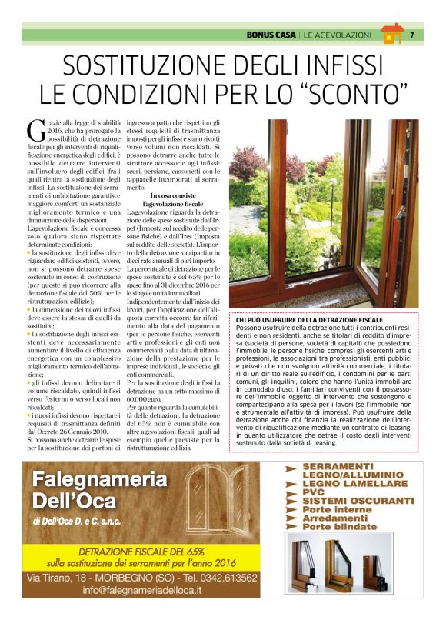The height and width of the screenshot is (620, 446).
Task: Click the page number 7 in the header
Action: (412, 35)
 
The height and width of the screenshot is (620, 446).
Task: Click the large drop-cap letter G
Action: (33, 130)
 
